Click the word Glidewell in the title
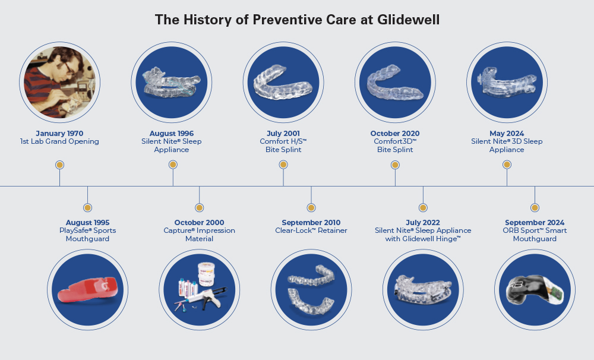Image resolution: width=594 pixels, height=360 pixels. click(409, 20)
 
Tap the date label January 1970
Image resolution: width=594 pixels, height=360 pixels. click(59, 134)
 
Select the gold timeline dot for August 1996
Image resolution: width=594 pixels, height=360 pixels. click(173, 165)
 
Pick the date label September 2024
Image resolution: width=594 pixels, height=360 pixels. click(535, 222)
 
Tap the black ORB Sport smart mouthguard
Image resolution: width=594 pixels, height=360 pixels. click(535, 290)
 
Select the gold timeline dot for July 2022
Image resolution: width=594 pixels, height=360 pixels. click(423, 208)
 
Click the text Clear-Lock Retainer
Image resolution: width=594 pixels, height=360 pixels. click(311, 230)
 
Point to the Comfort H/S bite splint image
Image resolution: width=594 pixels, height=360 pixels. click(283, 82)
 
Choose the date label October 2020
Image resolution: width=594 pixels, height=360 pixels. click(395, 134)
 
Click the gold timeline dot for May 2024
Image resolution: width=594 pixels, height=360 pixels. click(507, 165)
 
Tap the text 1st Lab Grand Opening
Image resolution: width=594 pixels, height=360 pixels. click(59, 141)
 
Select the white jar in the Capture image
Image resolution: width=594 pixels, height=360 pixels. click(207, 274)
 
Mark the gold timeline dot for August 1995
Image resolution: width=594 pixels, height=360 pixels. click(87, 208)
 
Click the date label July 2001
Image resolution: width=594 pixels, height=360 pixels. click(283, 134)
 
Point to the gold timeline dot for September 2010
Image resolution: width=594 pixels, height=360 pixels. click(311, 208)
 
